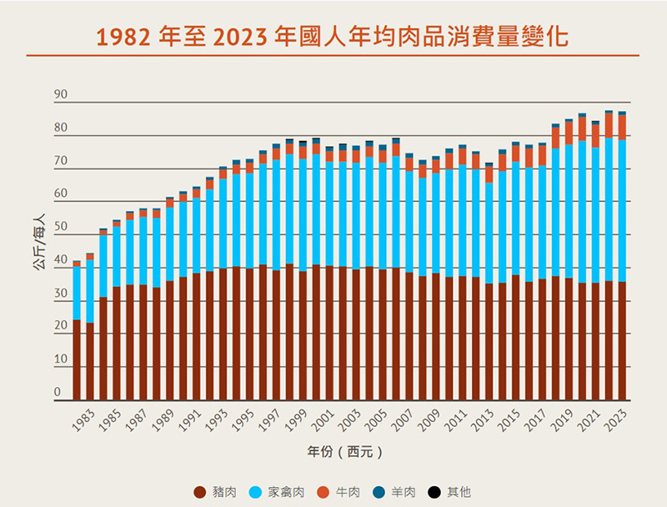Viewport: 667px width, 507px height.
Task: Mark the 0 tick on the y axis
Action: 58,393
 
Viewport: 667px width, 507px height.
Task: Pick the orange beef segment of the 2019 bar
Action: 569,133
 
